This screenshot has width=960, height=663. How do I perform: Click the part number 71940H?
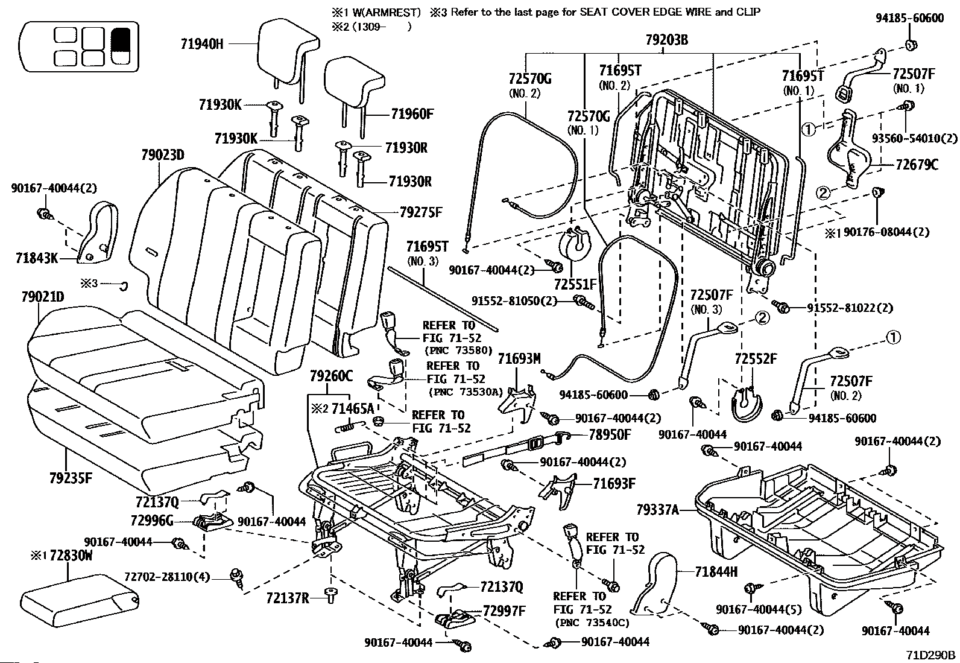202,44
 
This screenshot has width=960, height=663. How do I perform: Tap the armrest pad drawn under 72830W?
80,603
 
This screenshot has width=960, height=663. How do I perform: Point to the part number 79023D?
163,154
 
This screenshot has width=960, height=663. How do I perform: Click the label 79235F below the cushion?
71,478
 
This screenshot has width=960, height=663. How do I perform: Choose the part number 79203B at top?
667,40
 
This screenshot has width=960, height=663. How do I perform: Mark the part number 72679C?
917,165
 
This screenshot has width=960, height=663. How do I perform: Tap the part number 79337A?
657,510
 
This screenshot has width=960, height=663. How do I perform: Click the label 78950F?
610,435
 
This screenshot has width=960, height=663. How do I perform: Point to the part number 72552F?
756,358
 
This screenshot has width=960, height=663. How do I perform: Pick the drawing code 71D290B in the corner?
930,655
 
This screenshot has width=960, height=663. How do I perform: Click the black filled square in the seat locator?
121,39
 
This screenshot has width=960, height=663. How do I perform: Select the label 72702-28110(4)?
167,577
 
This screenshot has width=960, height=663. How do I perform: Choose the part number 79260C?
331,376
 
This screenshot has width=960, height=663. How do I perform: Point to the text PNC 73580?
458,351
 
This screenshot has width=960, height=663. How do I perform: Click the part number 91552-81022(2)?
850,308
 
